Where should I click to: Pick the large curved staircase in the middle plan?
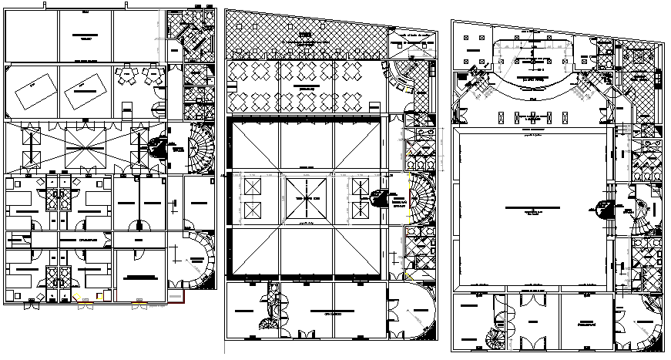tap(420, 197)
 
